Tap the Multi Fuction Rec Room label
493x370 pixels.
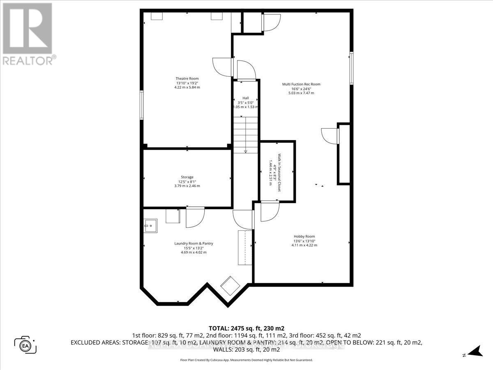point(301,84)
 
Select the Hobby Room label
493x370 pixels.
point(304,236)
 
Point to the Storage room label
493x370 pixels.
point(187,177)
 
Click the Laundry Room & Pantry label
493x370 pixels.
point(194,243)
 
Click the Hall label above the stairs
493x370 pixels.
point(245,98)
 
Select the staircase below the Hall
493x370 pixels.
point(245,134)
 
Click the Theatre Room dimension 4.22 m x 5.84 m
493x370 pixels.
point(187,87)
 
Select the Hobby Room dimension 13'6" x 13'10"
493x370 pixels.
point(304,241)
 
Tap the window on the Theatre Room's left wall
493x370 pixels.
point(141,105)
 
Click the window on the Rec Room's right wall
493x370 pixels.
point(352,68)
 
